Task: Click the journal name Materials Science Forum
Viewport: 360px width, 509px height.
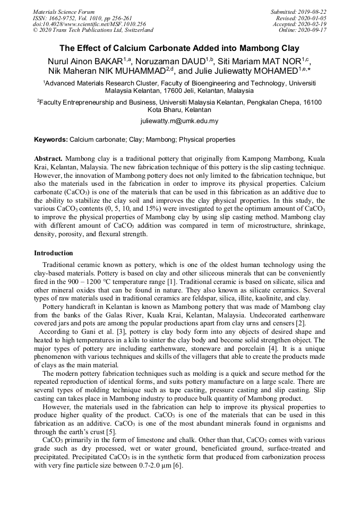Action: coord(64,12)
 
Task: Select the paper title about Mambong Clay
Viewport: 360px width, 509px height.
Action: coord(179,47)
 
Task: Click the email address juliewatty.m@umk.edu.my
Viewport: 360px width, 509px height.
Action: coord(179,121)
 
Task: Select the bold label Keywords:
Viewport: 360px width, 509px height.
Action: coord(51,140)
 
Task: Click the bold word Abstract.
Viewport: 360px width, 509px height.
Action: coord(48,159)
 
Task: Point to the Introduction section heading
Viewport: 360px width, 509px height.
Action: coord(54,253)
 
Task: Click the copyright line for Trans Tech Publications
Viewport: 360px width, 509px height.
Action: coord(93,30)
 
